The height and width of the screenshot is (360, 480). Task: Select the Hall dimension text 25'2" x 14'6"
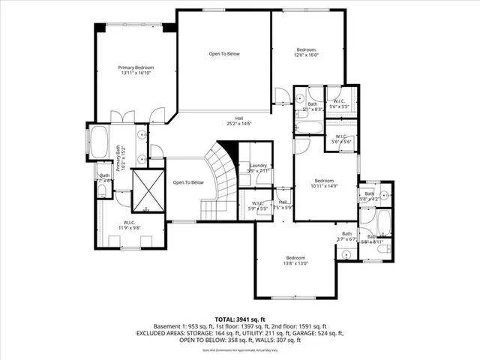click(x=239, y=124)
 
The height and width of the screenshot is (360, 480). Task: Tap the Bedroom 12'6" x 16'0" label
click(x=305, y=49)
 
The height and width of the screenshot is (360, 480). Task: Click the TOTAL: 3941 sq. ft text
click(x=239, y=318)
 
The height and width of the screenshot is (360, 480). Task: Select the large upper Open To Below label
click(x=223, y=53)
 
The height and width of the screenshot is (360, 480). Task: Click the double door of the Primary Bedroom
click(x=122, y=117)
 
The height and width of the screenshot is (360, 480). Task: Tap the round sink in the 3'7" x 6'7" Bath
click(x=346, y=254)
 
